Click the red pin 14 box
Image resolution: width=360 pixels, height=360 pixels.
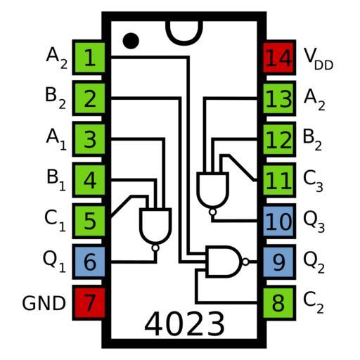tap(278, 58)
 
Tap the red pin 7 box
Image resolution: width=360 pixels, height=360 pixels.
tap(89, 303)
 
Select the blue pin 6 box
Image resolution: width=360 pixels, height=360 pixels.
tap(89, 262)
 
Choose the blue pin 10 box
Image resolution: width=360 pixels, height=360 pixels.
tap(278, 221)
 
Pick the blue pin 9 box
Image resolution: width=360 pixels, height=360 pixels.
tap(278, 262)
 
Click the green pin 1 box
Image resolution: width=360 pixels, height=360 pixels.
tap(89, 58)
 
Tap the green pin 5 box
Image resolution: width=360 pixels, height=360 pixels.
tap(89, 221)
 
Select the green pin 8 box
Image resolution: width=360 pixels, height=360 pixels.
tap(278, 303)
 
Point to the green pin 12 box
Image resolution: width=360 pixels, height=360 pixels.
tap(278, 139)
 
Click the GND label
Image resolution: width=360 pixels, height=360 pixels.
tap(44, 303)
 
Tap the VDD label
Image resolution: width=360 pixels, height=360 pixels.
tap(319, 58)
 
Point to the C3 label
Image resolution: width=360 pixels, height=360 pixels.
tap(313, 181)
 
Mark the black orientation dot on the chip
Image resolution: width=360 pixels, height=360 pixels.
tap(131, 41)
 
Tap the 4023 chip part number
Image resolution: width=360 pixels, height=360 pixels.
tap(184, 323)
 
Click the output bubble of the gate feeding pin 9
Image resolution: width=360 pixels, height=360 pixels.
tap(245, 262)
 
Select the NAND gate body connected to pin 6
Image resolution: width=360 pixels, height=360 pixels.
tap(155, 226)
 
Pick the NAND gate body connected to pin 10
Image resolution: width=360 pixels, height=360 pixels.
tap(212, 190)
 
